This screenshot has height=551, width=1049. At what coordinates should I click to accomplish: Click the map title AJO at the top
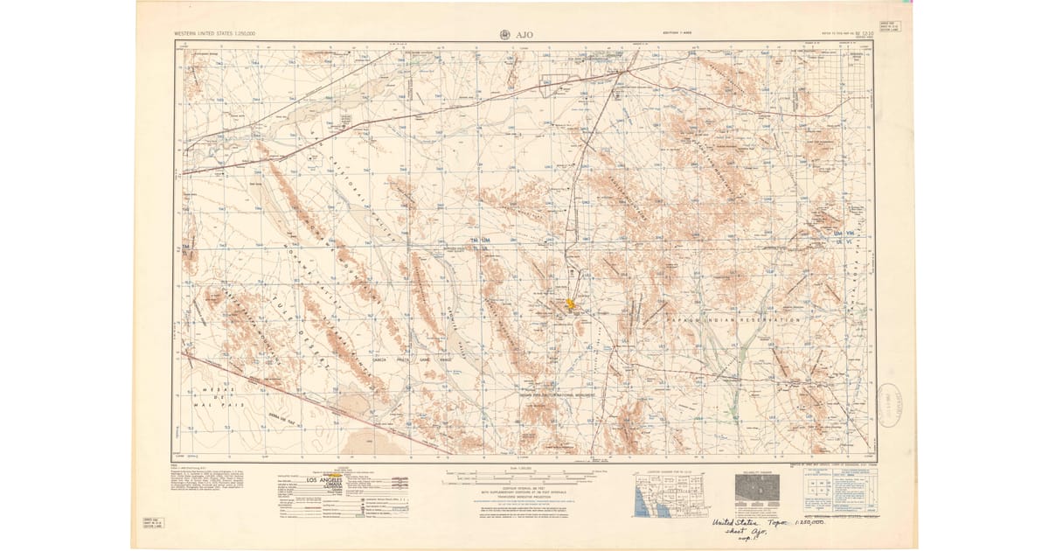[527, 35]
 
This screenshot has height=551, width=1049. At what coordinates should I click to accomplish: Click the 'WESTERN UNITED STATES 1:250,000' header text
[214, 36]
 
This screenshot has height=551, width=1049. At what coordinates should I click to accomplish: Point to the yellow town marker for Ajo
[570, 304]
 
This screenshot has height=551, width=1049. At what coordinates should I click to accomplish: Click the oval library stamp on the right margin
[891, 405]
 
